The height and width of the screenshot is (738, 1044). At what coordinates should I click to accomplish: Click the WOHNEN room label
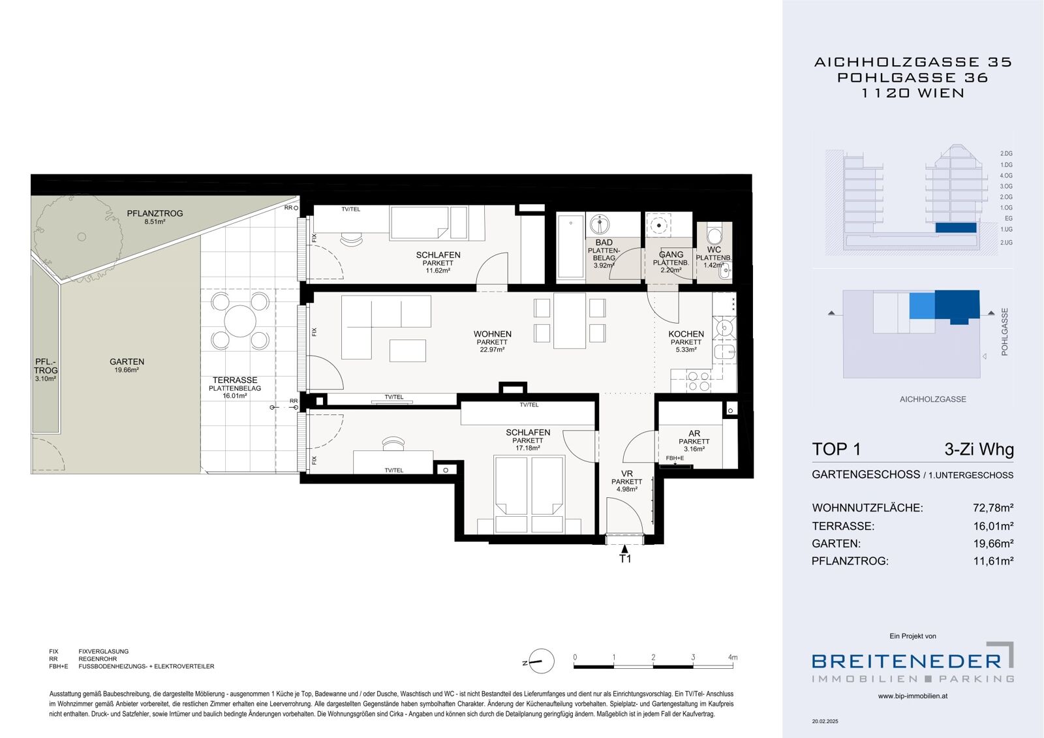pos(492,334)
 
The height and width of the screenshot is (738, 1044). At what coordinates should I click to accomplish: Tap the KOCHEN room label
pos(686,334)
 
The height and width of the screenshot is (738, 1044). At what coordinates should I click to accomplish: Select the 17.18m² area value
pos(528,448)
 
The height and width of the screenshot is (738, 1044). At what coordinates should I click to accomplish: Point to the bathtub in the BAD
pos(570,247)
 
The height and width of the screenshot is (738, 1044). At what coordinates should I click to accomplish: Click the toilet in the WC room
pos(714,233)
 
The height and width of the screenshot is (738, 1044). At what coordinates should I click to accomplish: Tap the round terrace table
pos(240,321)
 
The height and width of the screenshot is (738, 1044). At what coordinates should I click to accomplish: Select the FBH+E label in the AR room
pos(675,458)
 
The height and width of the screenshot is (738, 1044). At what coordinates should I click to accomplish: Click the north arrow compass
pos(541,661)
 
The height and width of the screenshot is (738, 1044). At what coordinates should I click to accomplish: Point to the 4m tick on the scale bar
pos(733,657)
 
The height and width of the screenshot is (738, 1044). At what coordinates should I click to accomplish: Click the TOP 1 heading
pos(836,449)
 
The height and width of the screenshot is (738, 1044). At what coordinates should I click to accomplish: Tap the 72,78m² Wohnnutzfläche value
pos(993,508)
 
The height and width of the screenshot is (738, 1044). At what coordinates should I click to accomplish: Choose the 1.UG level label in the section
pos(1006,230)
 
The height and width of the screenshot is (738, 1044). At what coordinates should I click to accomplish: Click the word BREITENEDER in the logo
pos(906,661)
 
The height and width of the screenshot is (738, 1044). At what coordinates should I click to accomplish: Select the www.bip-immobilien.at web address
pos(913,696)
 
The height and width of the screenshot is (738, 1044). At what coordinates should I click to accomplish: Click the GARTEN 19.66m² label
pos(127,365)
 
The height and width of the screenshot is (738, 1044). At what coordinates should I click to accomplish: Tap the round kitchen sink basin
pos(724,328)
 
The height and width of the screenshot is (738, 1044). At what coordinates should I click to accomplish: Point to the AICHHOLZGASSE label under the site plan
pos(932,399)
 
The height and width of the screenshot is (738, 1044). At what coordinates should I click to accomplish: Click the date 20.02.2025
pos(825,721)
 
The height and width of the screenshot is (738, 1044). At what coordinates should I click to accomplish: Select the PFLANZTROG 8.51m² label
pos(155,217)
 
